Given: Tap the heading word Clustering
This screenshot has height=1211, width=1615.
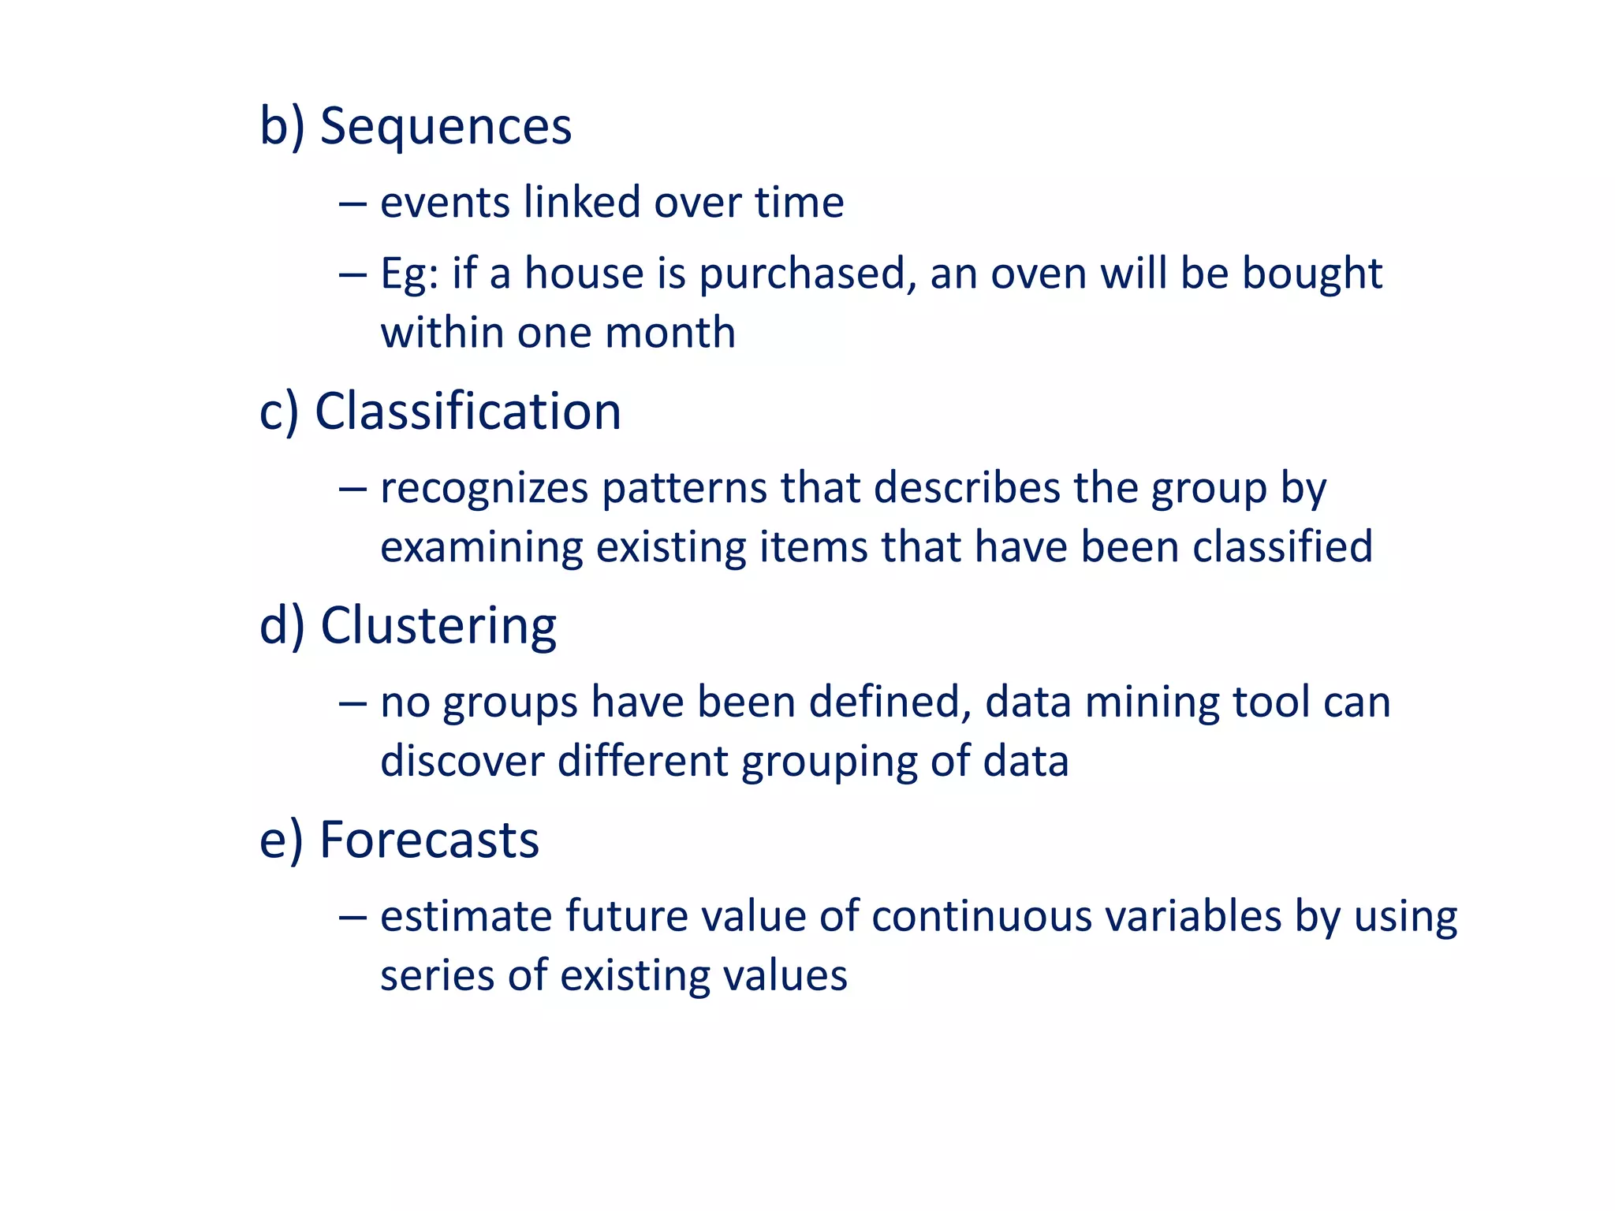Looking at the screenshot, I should point(438,626).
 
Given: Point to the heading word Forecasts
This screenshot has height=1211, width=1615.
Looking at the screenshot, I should point(429,840).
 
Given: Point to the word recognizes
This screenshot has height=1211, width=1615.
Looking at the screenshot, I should point(484,489).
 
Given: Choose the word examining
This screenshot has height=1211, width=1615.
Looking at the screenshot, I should point(481,548).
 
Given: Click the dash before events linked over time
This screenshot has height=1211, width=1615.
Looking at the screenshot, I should point(352,203).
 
